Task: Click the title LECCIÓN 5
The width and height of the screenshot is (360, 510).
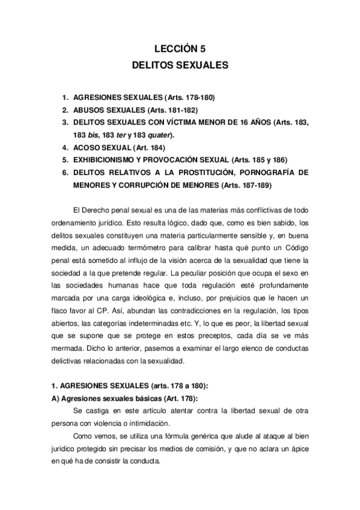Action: point(180,51)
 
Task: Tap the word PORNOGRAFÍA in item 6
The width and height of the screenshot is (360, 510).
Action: point(269,173)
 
